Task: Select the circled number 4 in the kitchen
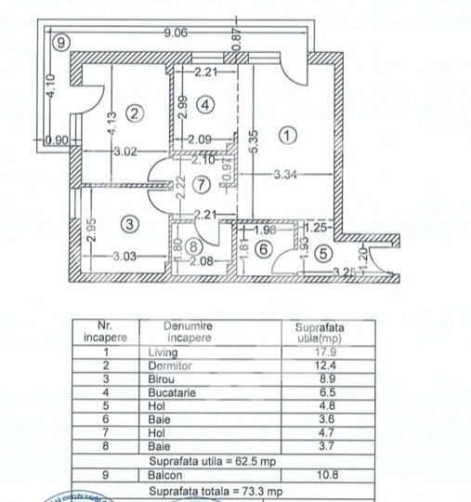pos(205,105)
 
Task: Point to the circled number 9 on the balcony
pos(60,42)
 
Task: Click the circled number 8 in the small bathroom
pos(191,247)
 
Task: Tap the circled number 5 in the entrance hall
pos(321,252)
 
